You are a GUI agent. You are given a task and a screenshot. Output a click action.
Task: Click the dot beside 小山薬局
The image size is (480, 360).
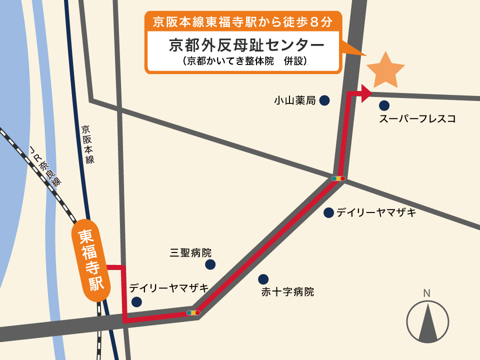pyautogui.click(x=324, y=100)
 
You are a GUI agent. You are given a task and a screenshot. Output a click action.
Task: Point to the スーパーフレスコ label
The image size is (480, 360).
pyautogui.click(x=417, y=119)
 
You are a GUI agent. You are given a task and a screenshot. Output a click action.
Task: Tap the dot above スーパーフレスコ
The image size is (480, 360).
pyautogui.click(x=384, y=105)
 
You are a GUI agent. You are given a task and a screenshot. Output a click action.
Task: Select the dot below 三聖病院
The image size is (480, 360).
pyautogui.click(x=210, y=264)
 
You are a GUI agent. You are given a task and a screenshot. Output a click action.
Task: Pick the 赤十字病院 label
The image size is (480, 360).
pyautogui.click(x=287, y=291)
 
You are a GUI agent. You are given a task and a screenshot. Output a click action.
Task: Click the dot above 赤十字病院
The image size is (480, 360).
pyautogui.click(x=263, y=279)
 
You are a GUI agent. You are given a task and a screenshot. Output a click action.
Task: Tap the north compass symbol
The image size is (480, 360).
pyautogui.click(x=427, y=322)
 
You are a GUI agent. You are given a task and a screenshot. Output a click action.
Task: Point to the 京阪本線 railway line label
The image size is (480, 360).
pyautogui.click(x=88, y=144)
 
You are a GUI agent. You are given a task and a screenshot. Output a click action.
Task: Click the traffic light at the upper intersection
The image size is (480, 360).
pyautogui.click(x=338, y=178)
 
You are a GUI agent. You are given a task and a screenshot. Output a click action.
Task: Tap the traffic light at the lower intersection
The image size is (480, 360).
pyautogui.click(x=193, y=313)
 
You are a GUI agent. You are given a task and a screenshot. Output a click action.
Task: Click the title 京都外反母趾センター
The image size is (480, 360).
pyautogui.click(x=246, y=45)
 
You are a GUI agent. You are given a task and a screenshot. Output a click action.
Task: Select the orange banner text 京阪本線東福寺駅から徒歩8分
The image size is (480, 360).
pyautogui.click(x=242, y=22)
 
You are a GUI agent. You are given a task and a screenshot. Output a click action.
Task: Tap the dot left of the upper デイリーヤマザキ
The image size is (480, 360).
pyautogui.click(x=328, y=212)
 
